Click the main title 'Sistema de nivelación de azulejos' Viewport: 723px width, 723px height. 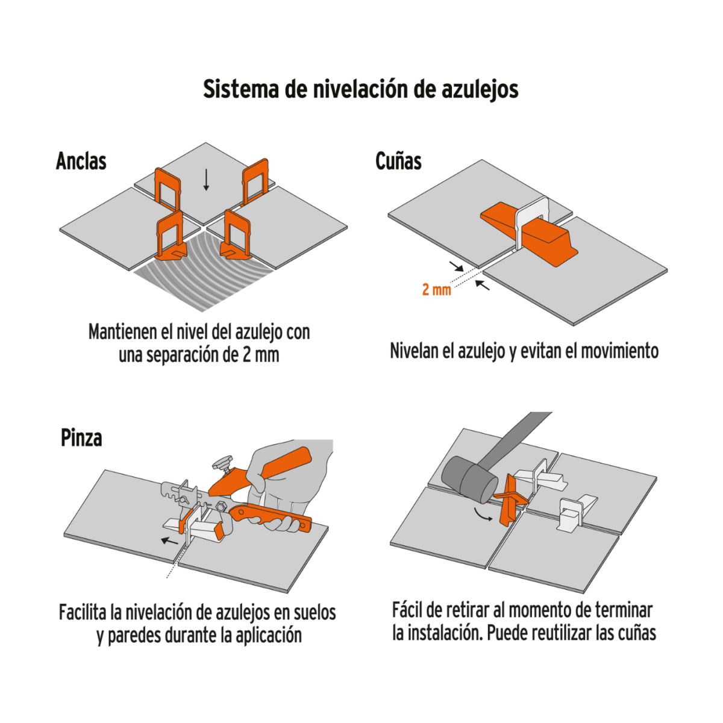360,89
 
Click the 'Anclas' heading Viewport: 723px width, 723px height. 81,161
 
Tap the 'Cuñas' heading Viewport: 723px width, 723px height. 398,161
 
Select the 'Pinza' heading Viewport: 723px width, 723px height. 81,438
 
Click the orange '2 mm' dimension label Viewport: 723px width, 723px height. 436,290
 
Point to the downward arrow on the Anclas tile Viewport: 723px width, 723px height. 206,180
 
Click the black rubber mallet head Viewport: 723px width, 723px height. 469,478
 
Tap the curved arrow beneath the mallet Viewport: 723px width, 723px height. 480,514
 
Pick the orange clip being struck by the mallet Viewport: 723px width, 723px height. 510,498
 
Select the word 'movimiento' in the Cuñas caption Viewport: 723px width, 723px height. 620,351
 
